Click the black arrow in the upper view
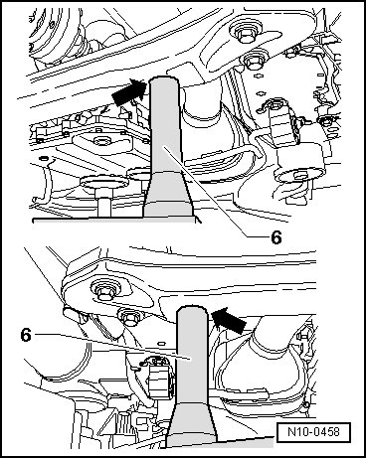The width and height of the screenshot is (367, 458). coord(130,91)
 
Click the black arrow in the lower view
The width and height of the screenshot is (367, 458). coord(229,320)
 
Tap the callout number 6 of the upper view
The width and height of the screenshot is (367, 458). coord(276,237)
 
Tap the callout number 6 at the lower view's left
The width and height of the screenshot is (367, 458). coord(26,335)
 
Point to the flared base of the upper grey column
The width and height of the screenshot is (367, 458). coord(168,195)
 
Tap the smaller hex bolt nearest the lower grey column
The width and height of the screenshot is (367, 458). coord(128,317)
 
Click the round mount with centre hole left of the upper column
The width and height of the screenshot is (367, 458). coord(100,141)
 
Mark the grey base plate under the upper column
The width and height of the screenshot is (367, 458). coord(116,221)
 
